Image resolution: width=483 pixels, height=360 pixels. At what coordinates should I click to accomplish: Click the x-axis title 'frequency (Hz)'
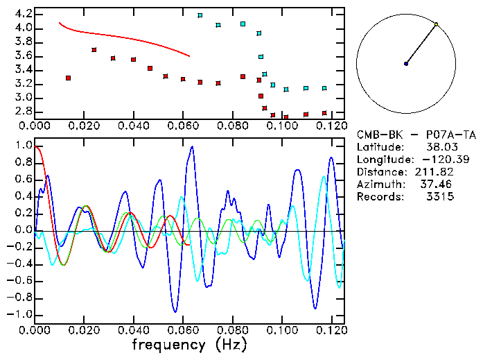point(187,344)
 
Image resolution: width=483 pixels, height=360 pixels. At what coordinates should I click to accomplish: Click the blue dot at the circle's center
point(406,64)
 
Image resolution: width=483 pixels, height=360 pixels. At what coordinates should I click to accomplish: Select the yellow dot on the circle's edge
point(436,24)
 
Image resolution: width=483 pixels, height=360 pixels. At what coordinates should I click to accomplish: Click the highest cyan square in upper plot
point(200,15)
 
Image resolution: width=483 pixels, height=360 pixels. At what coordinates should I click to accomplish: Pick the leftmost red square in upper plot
point(68,78)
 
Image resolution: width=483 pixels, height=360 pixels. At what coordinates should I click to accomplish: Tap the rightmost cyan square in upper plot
point(324,88)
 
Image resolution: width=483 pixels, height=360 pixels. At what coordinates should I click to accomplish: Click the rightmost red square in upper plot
point(324,113)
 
